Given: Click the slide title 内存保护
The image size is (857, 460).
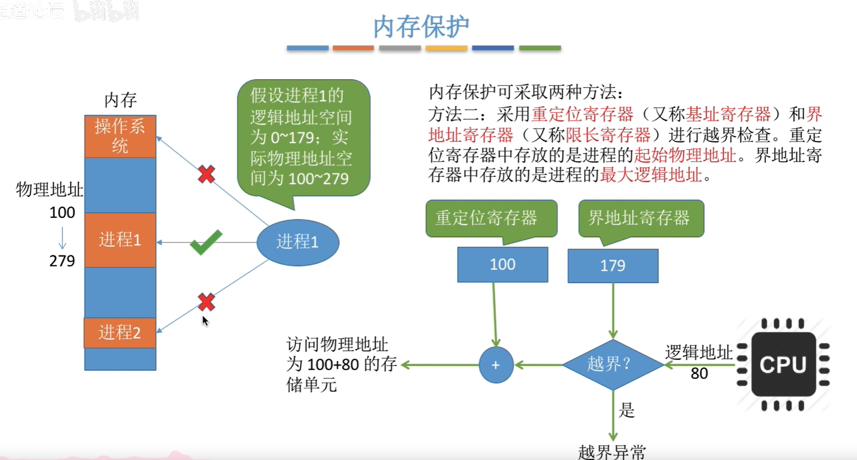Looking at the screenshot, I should [x=421, y=26].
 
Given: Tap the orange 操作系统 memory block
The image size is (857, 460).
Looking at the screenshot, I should [x=120, y=136].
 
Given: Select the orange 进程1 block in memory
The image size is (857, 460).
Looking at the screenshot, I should [x=120, y=240].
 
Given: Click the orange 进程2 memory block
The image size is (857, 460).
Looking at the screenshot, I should [x=120, y=332].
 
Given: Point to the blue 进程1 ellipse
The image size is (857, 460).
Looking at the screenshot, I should [x=298, y=242].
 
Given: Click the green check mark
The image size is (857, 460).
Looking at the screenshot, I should [x=206, y=242].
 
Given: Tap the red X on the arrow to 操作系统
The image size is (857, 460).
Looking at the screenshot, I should [x=206, y=174].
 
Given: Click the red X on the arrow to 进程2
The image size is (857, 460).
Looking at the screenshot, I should [x=206, y=302].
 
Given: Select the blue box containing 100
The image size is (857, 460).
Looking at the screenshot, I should [x=502, y=264].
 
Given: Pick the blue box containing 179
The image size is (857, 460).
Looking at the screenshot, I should [x=613, y=265].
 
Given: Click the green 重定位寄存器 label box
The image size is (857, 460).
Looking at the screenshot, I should [x=491, y=218].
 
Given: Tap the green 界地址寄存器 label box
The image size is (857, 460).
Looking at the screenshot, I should [x=641, y=218].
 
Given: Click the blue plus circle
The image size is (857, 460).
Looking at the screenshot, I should [x=496, y=365].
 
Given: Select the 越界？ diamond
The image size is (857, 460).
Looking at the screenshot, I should [x=612, y=364].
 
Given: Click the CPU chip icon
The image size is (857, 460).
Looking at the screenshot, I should [x=783, y=364].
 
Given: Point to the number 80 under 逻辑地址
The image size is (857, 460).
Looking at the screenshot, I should [x=699, y=373].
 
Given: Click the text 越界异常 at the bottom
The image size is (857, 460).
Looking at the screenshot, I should [x=612, y=452].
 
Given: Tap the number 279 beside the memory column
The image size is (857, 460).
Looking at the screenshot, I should [x=62, y=261].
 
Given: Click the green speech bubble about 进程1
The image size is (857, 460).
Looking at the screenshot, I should [x=303, y=137].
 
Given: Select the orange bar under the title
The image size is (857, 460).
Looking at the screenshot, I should [x=353, y=48].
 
